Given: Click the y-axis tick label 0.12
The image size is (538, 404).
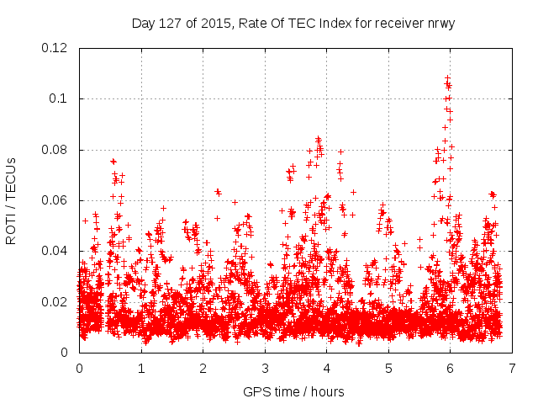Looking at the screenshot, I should click(55, 48).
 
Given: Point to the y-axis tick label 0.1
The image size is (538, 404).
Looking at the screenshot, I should click(59, 98).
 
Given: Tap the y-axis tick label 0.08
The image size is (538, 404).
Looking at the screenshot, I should click(55, 150).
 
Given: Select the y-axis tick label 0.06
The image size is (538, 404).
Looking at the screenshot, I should click(55, 200).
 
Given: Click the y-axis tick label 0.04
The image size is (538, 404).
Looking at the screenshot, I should click(55, 251).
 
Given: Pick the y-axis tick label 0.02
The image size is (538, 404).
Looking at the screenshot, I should click(55, 302).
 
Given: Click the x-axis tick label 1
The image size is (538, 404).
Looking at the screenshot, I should click(141, 368).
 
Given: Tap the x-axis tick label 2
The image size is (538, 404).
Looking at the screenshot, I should click(203, 368).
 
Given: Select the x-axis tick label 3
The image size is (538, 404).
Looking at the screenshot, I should click(265, 368).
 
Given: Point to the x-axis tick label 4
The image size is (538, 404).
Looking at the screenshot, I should click(326, 368).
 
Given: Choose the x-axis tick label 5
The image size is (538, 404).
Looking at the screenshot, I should click(388, 368).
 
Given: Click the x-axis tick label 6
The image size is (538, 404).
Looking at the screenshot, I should click(450, 368).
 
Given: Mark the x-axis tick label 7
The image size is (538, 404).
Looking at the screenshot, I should click(512, 368).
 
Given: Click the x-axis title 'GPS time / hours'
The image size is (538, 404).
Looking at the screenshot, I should click(293, 391).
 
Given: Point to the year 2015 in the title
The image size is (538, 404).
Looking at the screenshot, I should click(215, 23).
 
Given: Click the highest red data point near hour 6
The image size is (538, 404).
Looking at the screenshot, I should click(447, 77).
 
